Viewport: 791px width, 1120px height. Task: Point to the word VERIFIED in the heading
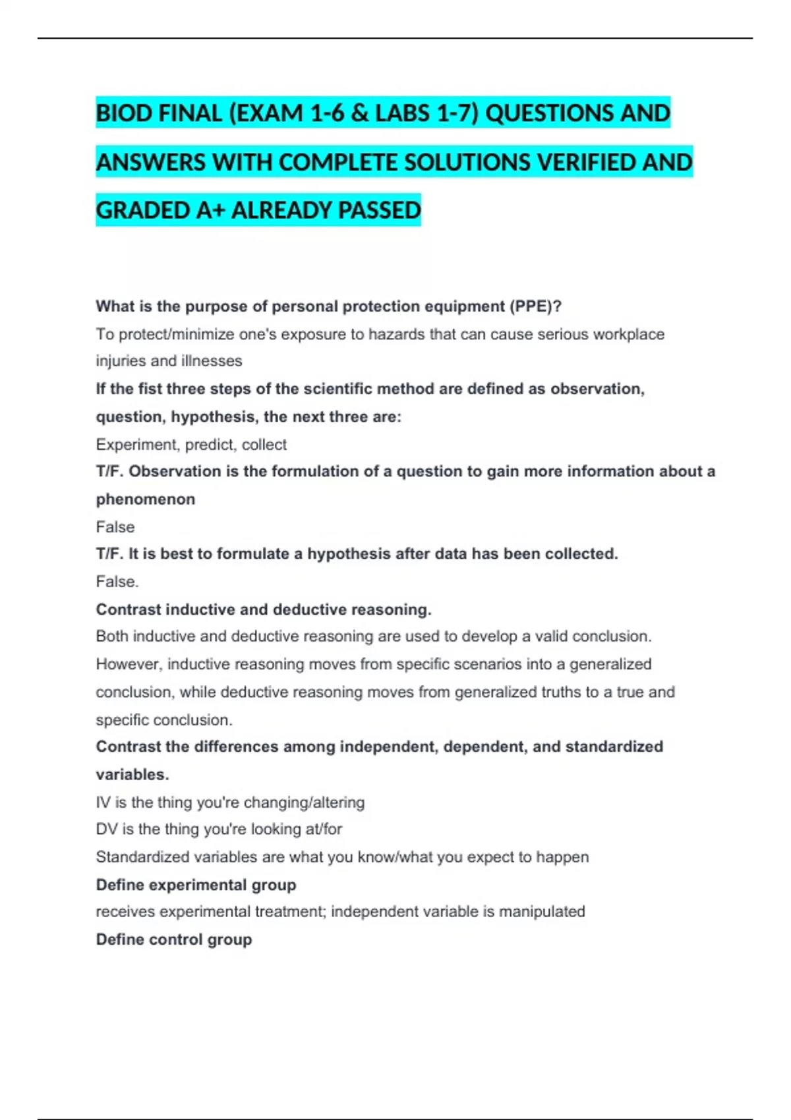point(586,162)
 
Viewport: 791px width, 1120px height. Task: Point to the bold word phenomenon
point(145,499)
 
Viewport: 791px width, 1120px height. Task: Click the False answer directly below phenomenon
point(115,527)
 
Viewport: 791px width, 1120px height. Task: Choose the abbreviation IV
point(103,802)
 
